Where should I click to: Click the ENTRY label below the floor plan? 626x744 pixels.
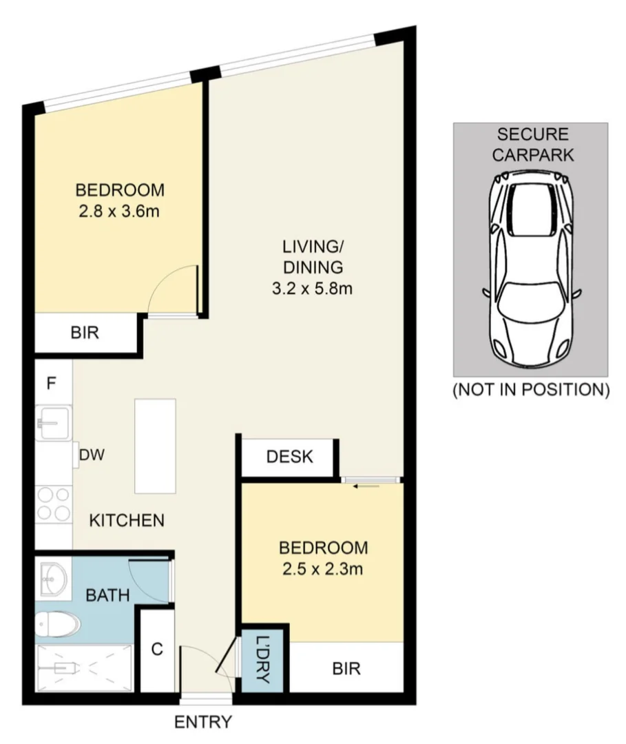click(203, 723)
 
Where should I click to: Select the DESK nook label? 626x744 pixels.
click(289, 456)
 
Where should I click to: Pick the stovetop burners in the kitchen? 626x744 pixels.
click(53, 504)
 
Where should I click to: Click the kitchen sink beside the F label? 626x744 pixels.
click(52, 422)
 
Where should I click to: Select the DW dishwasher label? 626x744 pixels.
click(92, 455)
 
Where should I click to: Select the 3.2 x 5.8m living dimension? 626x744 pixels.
click(312, 289)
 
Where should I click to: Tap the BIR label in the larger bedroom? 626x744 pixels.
click(85, 334)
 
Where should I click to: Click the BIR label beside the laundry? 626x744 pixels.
click(346, 668)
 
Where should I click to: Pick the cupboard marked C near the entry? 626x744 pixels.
click(156, 650)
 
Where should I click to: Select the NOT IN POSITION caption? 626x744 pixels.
click(530, 390)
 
